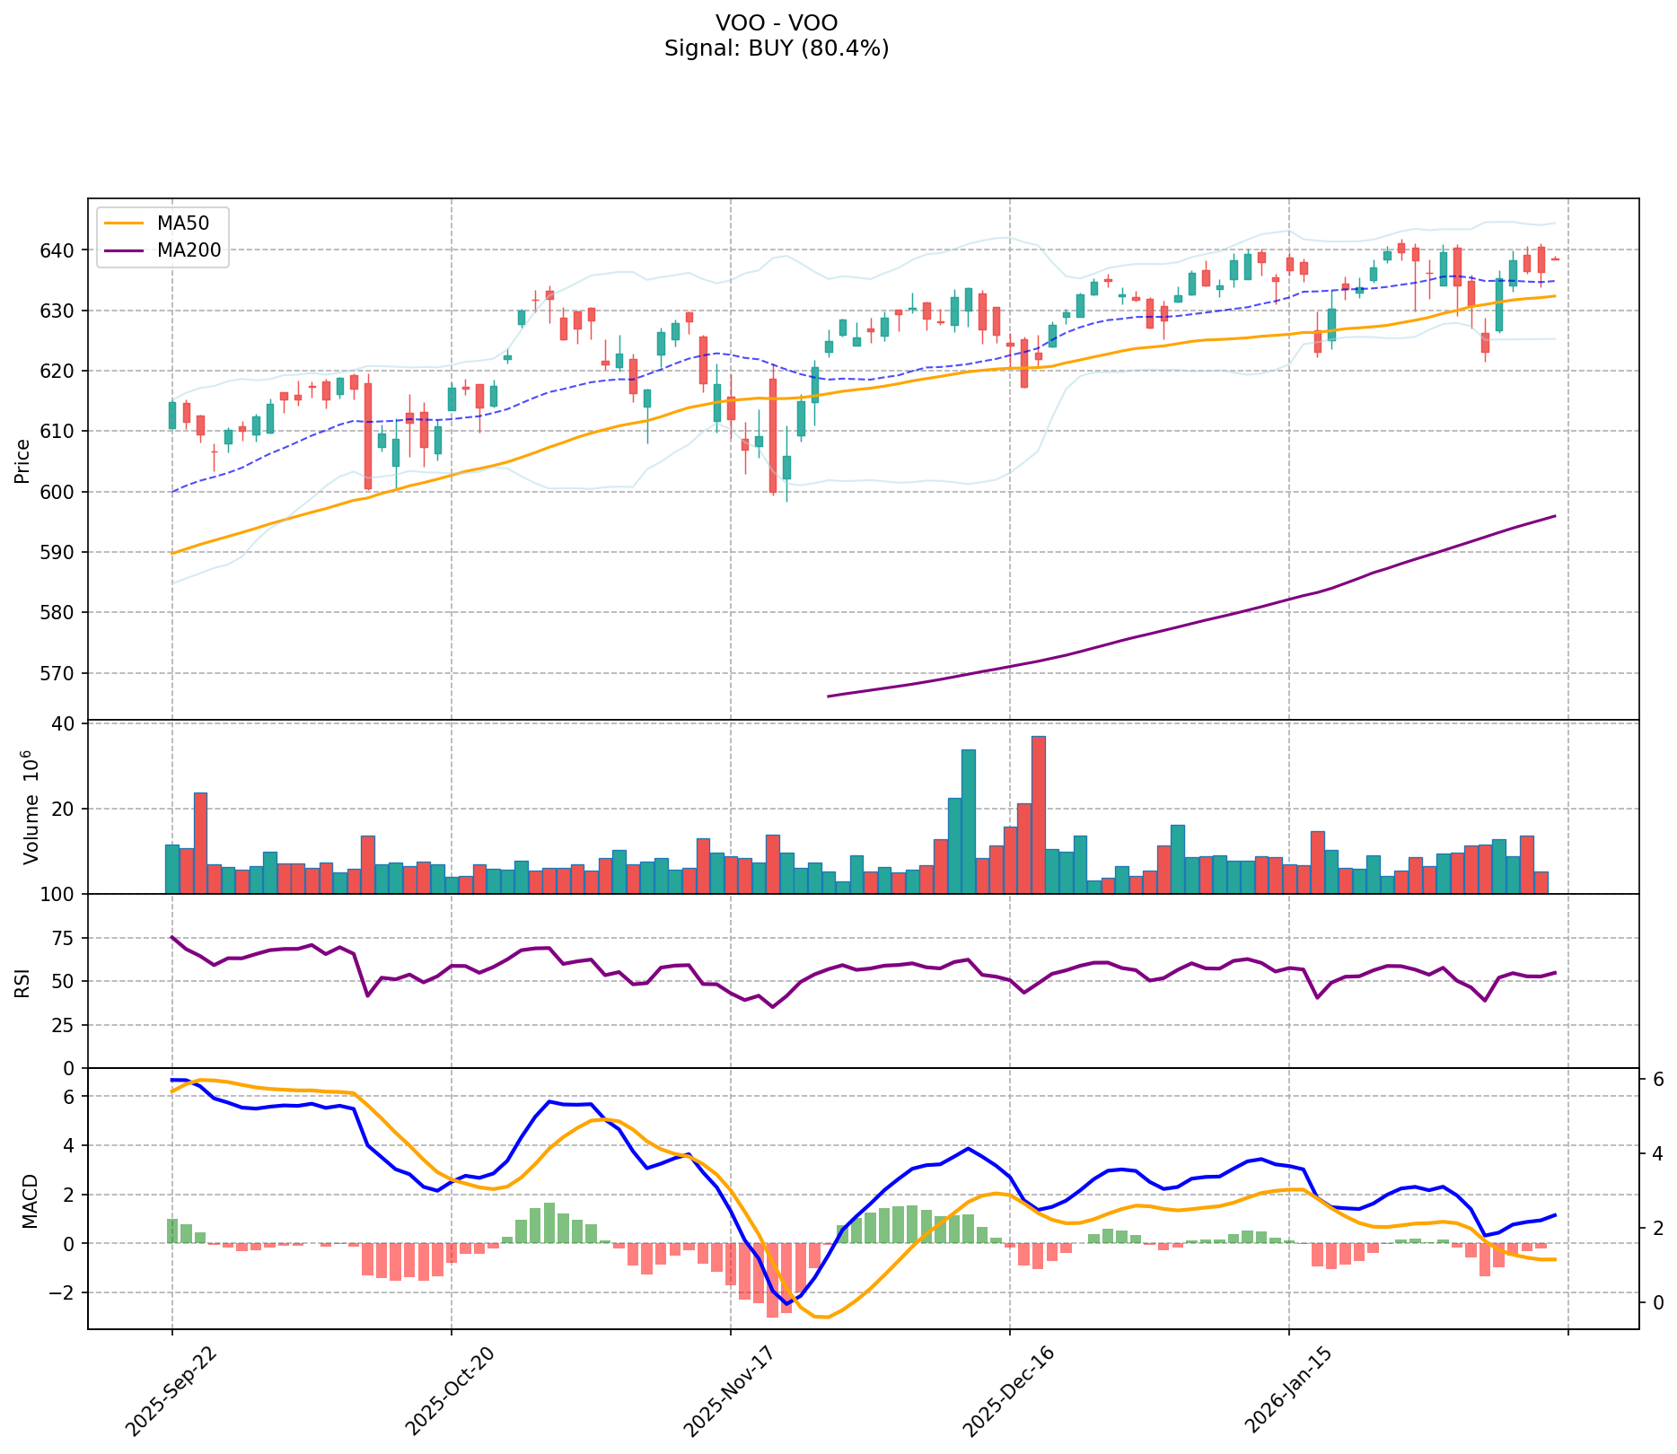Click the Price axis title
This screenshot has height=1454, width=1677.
coord(22,460)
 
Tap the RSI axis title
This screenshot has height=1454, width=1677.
coord(22,982)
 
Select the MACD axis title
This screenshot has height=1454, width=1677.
coord(30,1201)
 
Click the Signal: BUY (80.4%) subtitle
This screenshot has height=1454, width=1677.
coord(777,48)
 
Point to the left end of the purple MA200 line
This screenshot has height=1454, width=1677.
coord(828,696)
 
